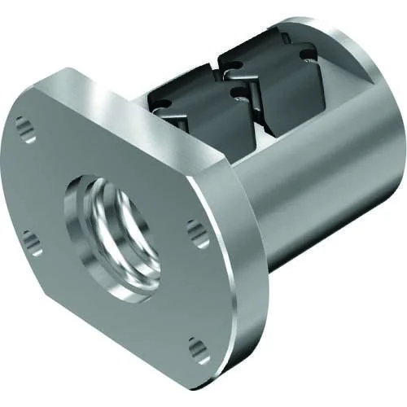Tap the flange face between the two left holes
click(33, 183)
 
